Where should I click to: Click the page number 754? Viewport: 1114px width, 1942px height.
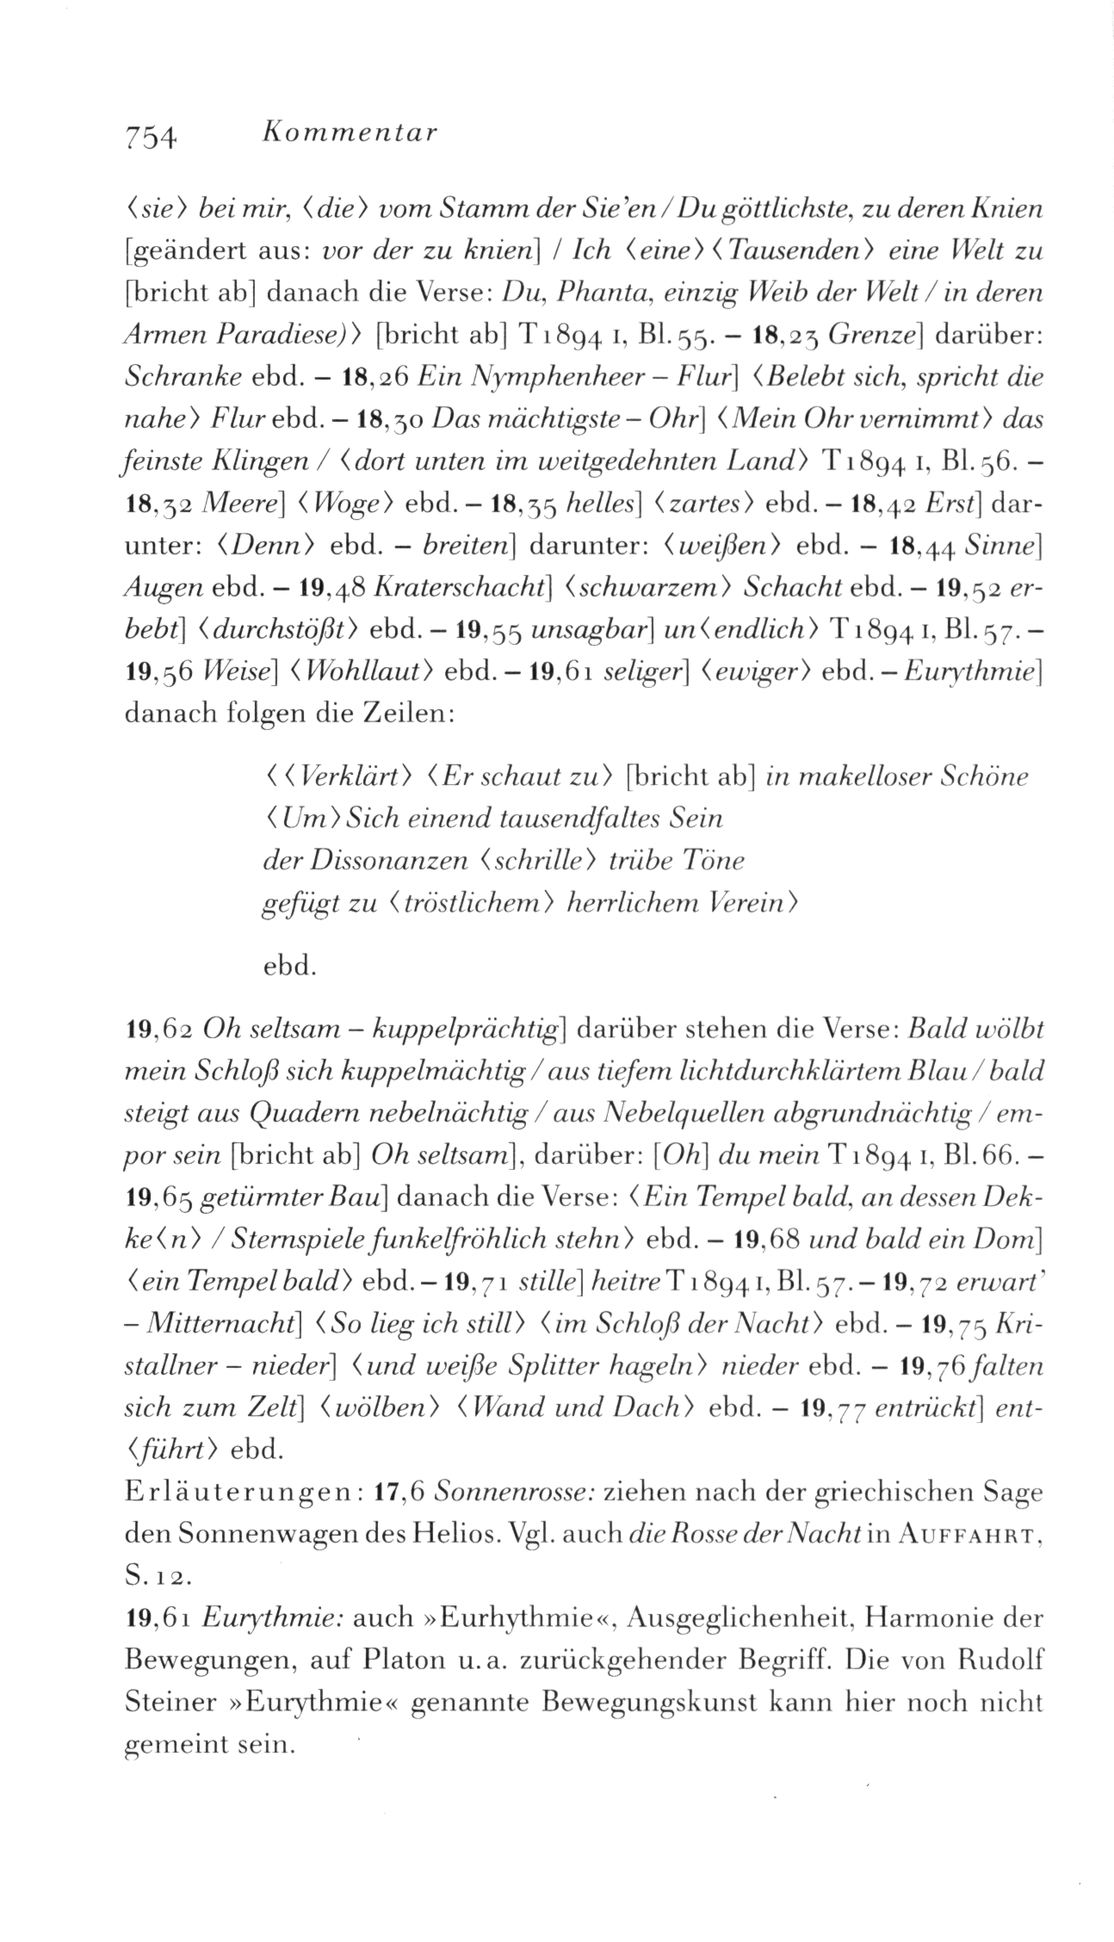tap(151, 136)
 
